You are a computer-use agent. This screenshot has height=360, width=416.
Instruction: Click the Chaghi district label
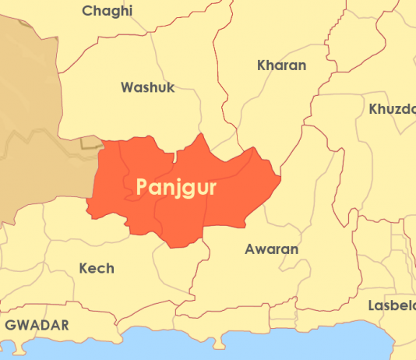point(108,11)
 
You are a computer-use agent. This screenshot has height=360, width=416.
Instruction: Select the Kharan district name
point(281,65)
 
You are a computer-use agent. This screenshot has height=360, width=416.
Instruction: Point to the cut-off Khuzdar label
point(393,108)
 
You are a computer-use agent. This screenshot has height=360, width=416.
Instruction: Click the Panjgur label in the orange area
point(176,187)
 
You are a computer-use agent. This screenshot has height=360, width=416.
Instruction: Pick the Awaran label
point(271,249)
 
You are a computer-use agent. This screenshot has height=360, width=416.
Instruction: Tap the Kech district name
point(97,268)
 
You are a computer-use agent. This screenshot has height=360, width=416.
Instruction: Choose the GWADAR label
point(37,324)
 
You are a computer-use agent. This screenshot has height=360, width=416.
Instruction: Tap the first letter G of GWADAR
point(11,324)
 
